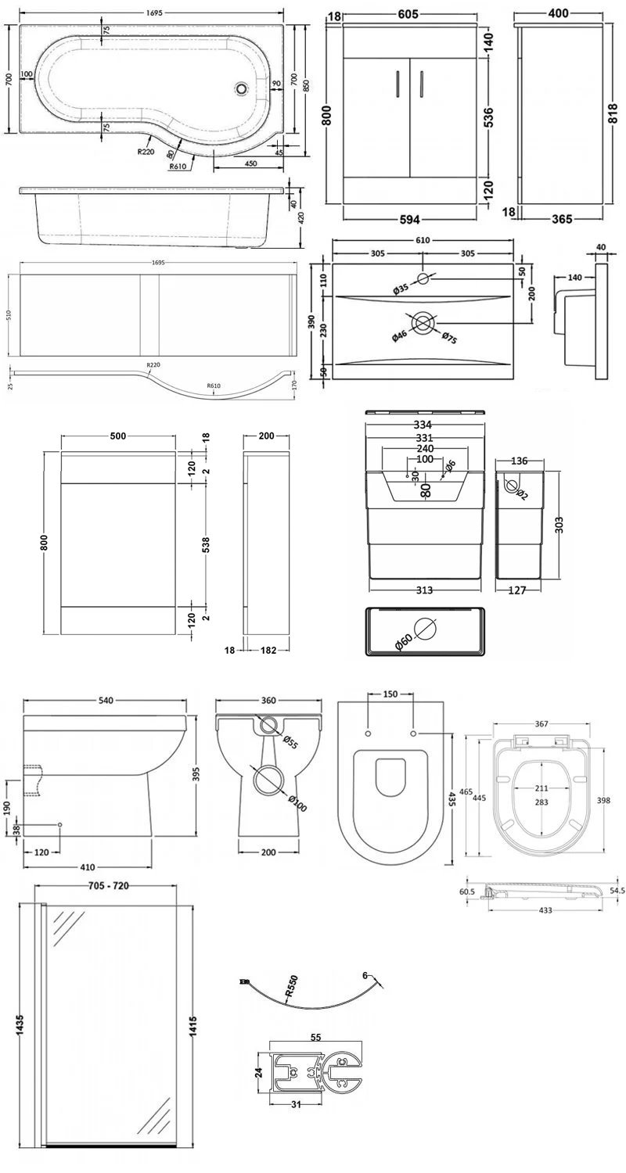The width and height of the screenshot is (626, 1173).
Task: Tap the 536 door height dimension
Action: (488, 116)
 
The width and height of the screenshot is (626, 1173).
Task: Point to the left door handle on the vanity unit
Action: (398, 84)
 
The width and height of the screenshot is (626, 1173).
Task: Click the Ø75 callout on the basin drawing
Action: (449, 338)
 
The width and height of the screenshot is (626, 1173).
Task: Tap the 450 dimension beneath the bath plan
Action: (250, 163)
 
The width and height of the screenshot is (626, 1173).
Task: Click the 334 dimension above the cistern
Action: (423, 425)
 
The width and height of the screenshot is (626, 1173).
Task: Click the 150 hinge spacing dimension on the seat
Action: (390, 694)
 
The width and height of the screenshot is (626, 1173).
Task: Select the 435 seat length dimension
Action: (453, 798)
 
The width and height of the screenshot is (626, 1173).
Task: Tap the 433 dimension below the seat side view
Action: (545, 910)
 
